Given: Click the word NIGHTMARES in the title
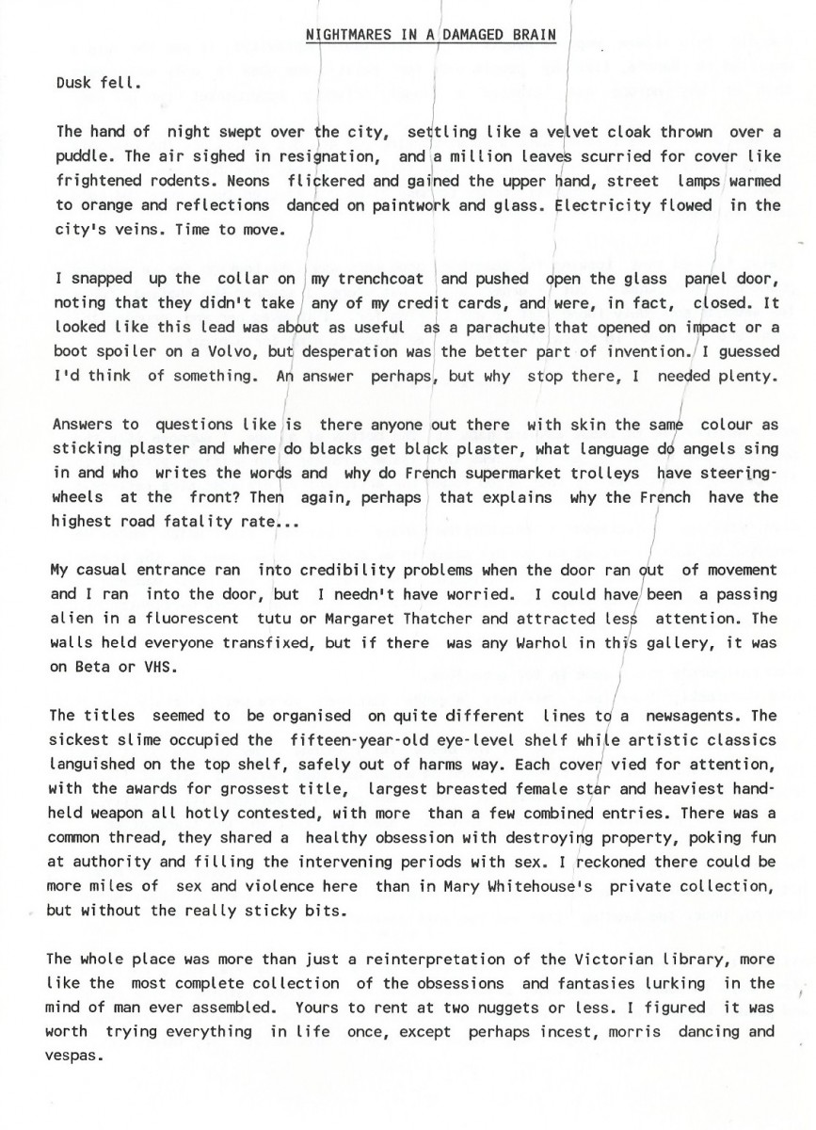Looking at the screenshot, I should click(345, 36).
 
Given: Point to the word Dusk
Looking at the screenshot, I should click(74, 82).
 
